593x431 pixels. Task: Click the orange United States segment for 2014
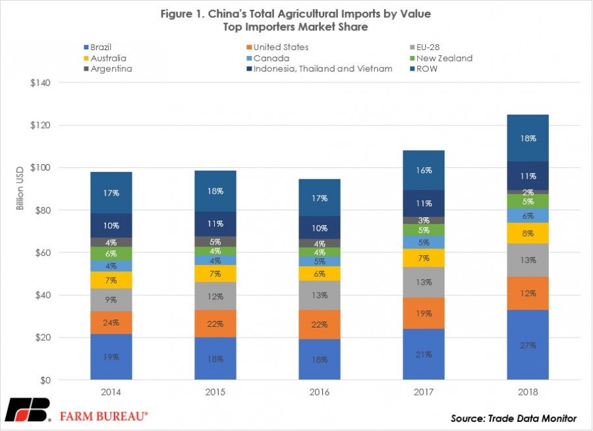[x=111, y=322]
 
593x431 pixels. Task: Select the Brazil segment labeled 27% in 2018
[x=528, y=345]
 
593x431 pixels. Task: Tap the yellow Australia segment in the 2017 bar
[x=424, y=258]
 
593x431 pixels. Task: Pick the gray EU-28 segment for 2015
[x=215, y=296]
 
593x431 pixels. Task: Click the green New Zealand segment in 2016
[x=320, y=252]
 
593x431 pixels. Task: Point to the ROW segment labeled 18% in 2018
[x=528, y=138]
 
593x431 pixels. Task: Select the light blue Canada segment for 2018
[x=528, y=215]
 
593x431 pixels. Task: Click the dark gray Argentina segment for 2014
[x=111, y=242]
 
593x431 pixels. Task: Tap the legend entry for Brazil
[x=98, y=47]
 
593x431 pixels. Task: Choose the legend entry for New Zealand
[x=441, y=58]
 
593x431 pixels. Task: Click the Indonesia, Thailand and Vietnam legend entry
[x=320, y=69]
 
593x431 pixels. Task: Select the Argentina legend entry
[x=108, y=69]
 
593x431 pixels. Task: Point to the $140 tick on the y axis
[x=40, y=82]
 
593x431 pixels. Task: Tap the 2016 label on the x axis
[x=320, y=392]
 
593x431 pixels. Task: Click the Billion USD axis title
[x=20, y=188]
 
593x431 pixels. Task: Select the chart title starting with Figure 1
[x=296, y=20]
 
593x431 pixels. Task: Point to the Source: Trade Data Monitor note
[x=513, y=418]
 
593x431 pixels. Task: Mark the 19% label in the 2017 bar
[x=424, y=313]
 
